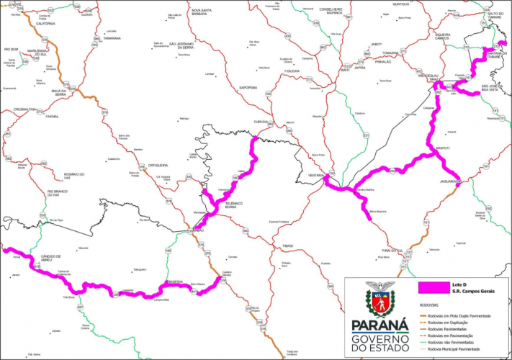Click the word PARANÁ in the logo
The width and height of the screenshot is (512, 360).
[x=377, y=324]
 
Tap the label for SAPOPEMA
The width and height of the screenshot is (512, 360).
[x=248, y=87]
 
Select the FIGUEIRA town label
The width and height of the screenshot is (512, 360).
[x=292, y=71]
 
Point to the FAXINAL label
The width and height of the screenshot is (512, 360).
[x=51, y=116]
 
